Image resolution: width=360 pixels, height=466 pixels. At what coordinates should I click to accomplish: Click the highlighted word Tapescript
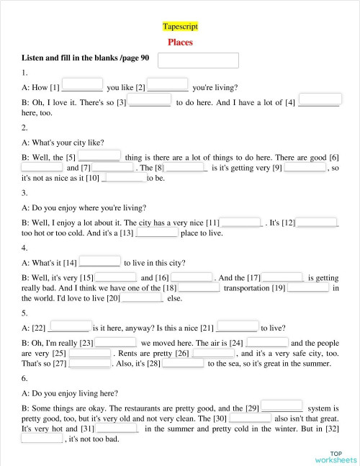tap(180, 27)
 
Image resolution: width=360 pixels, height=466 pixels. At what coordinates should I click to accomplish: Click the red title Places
tap(180, 42)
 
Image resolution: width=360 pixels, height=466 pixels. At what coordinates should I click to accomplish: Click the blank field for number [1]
tap(83, 84)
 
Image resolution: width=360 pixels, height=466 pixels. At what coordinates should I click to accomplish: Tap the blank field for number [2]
tap(168, 84)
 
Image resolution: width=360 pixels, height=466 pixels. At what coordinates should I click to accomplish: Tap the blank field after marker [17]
tap(282, 275)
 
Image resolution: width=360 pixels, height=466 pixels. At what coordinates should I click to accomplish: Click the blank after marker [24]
tap(267, 341)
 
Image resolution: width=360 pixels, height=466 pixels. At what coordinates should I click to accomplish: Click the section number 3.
tap(24, 193)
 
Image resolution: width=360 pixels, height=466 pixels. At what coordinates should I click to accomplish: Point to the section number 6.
tap(24, 378)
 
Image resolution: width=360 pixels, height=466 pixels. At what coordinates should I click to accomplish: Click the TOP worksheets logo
tap(335, 456)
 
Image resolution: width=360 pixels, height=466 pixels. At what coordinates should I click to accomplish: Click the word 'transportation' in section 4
tap(246, 288)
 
